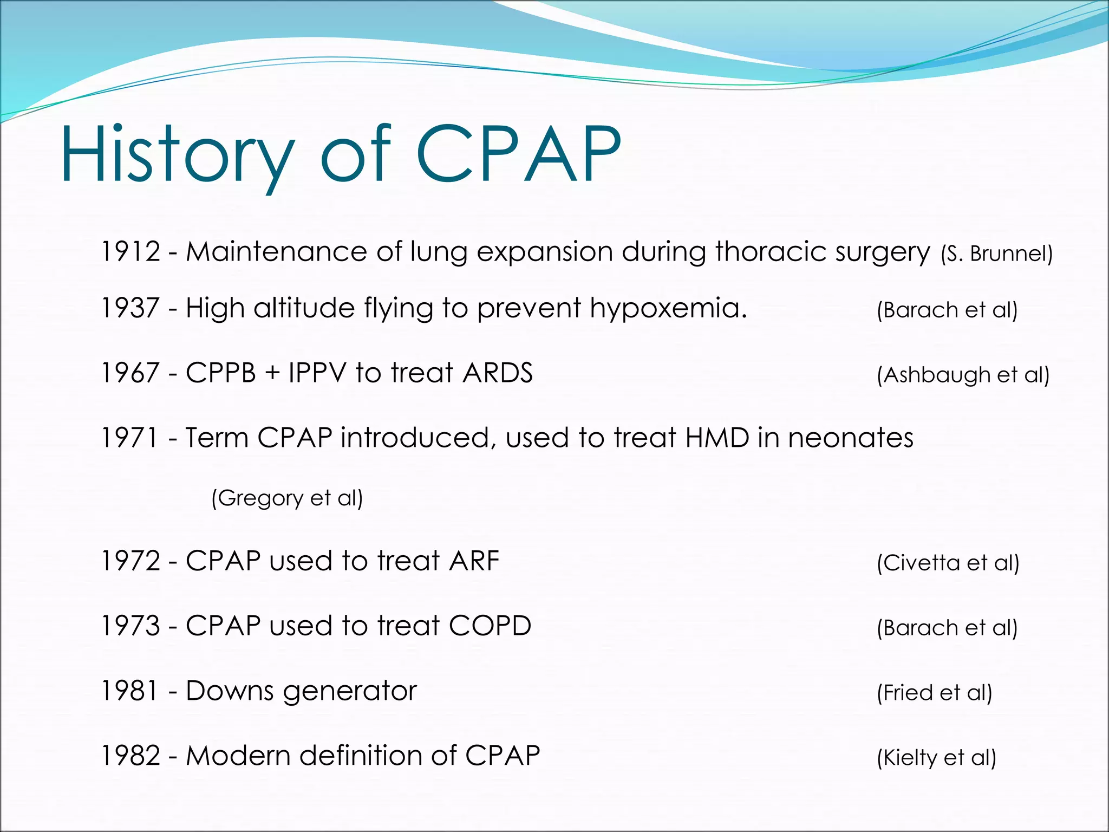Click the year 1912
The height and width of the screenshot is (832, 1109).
[131, 252]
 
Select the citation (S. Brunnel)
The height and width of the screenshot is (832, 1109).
[997, 254]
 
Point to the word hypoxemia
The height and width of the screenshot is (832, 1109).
[668, 309]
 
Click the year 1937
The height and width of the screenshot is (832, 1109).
[131, 308]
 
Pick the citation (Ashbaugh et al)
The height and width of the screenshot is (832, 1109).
[963, 375]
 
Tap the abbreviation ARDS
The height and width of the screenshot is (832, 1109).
[498, 373]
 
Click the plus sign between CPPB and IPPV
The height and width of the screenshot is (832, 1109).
[272, 374]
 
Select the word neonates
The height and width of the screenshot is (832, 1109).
[851, 438]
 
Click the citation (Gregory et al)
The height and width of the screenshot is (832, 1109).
[287, 498]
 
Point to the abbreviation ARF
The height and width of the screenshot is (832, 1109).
[474, 561]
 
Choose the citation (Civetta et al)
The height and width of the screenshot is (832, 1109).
[948, 563]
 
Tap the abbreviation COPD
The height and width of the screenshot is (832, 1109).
[490, 626]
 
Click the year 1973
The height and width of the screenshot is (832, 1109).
[131, 626]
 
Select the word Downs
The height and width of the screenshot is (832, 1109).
[230, 691]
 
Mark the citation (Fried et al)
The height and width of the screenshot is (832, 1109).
[935, 693]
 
